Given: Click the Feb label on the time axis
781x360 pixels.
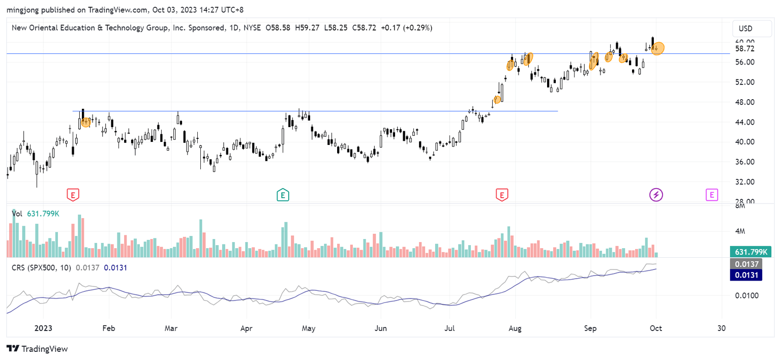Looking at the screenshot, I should pos(108,328).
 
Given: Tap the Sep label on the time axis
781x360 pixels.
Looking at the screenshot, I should pos(590,328).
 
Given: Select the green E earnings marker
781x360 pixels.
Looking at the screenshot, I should pos(283,194).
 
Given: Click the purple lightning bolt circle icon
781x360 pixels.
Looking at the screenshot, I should pos(656,194).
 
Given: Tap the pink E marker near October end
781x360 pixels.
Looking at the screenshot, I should pos(711,194).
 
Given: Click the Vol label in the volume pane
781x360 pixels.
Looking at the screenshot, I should pos(18,214).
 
